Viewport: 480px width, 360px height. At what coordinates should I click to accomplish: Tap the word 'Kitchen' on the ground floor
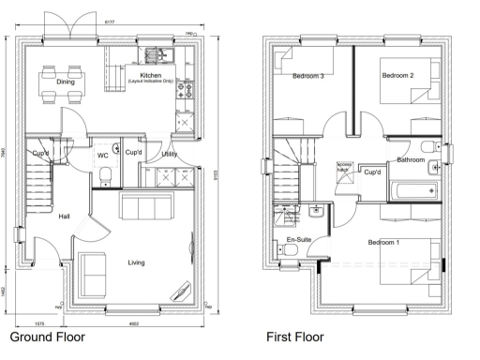click(151, 75)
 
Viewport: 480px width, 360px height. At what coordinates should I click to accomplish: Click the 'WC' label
click(103, 156)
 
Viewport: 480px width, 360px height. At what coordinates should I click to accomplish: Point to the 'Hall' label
click(64, 217)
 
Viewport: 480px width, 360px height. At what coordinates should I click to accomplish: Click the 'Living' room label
click(137, 262)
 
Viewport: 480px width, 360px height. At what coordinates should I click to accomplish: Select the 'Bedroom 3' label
click(308, 76)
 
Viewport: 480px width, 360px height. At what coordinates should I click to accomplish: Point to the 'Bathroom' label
click(411, 160)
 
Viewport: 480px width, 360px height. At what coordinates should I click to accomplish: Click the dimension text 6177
click(110, 21)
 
